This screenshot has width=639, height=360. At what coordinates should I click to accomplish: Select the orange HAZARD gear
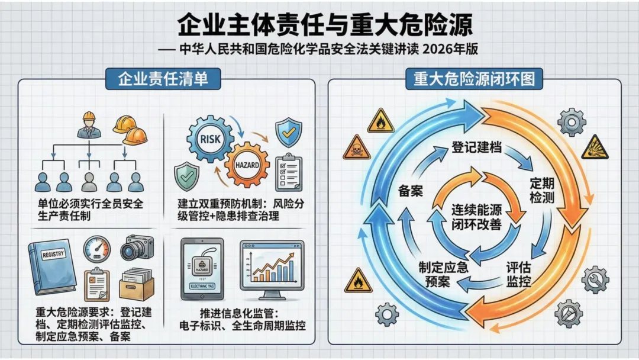[247, 165]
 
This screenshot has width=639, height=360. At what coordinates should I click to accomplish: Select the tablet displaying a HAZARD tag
[202, 268]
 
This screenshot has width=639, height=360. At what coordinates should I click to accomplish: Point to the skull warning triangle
[356, 147]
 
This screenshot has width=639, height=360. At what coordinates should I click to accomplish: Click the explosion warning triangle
[593, 148]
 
